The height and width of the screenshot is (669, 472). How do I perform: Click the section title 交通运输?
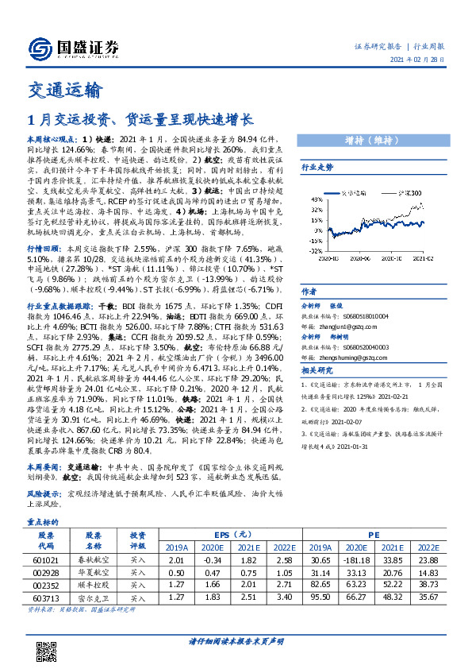click(x=63, y=90)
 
